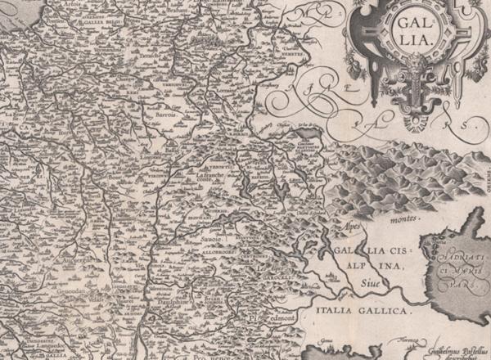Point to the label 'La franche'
pos(210,174)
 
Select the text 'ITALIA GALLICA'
pos(358,312)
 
